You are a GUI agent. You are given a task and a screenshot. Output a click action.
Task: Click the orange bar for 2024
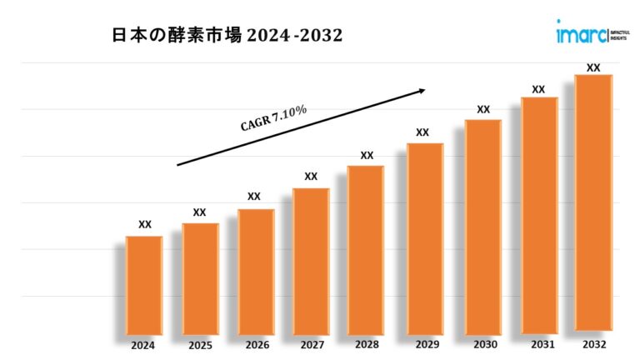tap(144, 284)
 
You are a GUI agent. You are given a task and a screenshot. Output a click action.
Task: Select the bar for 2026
tap(256, 271)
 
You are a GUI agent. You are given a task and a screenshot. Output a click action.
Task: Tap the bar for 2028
tap(366, 249)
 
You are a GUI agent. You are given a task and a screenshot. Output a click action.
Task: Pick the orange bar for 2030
tap(483, 226)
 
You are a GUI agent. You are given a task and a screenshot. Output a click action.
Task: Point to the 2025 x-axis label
tap(200, 345)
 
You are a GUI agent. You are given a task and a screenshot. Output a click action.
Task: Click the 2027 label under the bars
tap(311, 345)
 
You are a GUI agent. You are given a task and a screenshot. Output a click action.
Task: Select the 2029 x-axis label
tap(422, 345)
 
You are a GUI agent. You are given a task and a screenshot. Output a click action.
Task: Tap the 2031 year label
tap(539, 344)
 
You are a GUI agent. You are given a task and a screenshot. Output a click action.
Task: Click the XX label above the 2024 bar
tap(145, 224)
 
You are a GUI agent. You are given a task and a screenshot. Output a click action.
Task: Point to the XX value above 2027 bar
tap(311, 176)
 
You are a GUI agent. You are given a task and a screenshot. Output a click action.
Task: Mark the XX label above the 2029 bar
tap(422, 132)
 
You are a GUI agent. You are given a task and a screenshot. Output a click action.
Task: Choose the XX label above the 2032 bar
tap(593, 67)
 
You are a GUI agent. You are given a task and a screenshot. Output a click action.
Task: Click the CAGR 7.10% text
tap(274, 118)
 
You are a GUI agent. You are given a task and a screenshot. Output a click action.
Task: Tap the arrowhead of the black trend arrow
tap(422, 90)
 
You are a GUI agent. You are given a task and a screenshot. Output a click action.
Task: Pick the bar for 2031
tap(539, 214)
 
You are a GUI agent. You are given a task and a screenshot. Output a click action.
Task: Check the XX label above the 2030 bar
tap(483, 109)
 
